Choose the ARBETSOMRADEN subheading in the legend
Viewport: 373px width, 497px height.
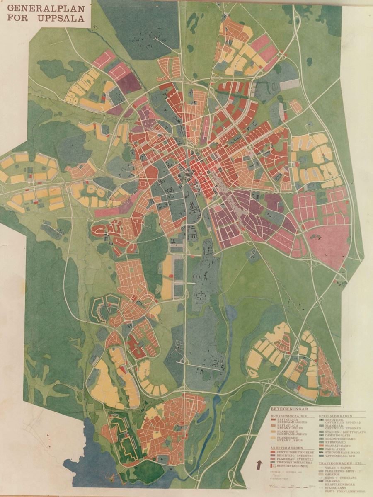(287, 448)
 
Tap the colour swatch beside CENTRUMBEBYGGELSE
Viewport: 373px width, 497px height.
(273, 452)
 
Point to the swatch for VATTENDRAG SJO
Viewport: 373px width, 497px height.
(321, 456)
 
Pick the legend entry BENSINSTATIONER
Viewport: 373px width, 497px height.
(292, 466)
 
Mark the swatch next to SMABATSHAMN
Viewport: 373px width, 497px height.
(321, 446)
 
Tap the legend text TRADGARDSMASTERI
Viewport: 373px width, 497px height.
(294, 462)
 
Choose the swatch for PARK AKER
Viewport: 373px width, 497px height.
(321, 449)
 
